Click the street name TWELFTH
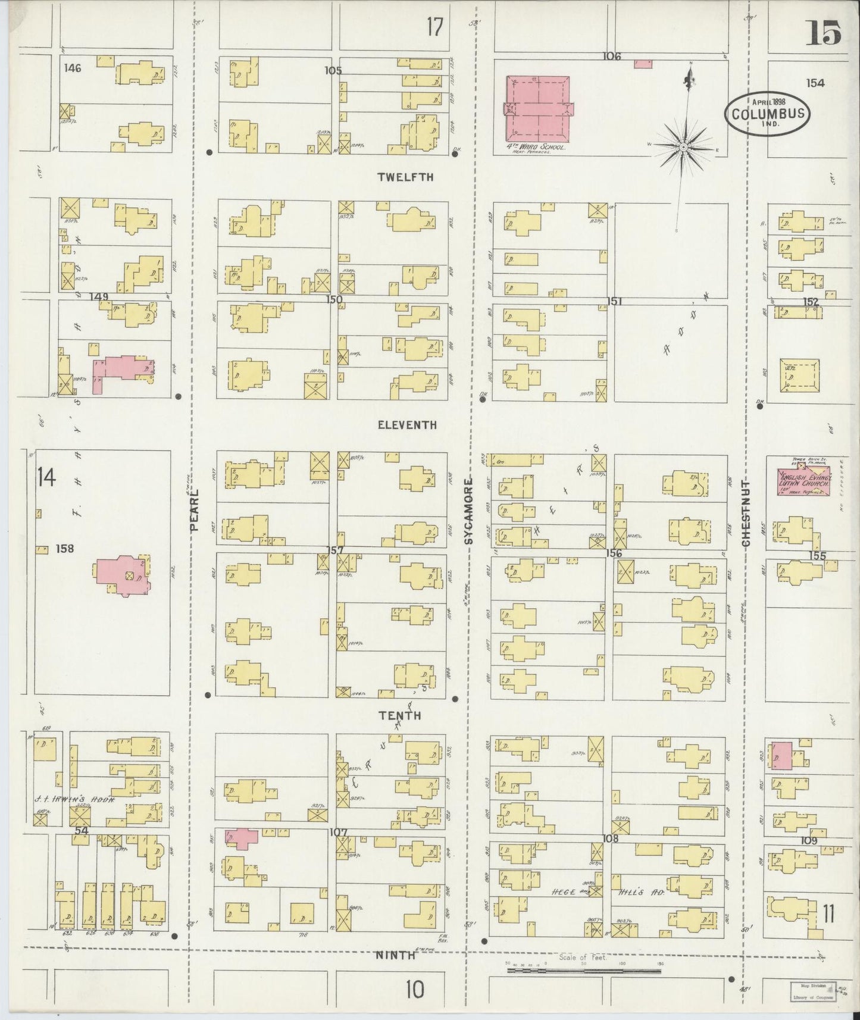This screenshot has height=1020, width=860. tap(405, 177)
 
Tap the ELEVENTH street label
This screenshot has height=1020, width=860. tap(407, 425)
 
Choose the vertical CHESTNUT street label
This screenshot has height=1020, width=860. tap(746, 513)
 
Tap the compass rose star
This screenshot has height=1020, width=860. tap(684, 146)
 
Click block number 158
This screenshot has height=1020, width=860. tap(64, 548)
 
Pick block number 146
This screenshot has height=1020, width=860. tap(73, 68)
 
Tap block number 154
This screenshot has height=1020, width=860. tap(815, 83)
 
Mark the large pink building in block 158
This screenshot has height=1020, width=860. tap(123, 575)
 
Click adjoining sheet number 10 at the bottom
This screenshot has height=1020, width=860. tap(415, 990)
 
